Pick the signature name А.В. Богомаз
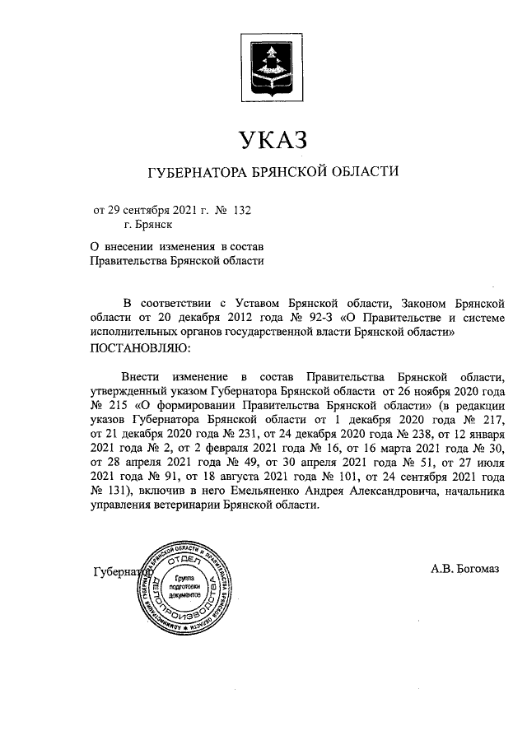click(465, 569)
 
